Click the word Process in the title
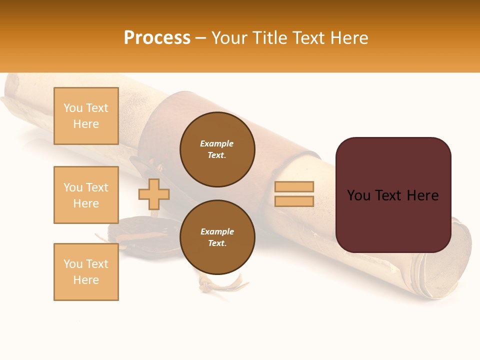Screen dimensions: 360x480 [157, 38]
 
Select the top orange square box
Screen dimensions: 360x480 [86, 116]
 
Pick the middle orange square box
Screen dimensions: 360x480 [86, 195]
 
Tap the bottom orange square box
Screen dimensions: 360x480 [86, 272]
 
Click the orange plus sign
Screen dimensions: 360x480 [154, 194]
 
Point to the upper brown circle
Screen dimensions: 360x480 [217, 149]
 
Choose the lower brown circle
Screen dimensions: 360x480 [217, 237]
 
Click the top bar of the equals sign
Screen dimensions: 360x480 [294, 186]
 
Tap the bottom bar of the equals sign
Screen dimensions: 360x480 [294, 201]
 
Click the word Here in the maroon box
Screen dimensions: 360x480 [422, 195]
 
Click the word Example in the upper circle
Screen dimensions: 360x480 [217, 143]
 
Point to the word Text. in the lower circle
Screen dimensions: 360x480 [217, 243]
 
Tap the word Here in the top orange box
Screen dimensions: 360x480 [86, 124]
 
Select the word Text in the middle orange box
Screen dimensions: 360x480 [97, 187]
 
